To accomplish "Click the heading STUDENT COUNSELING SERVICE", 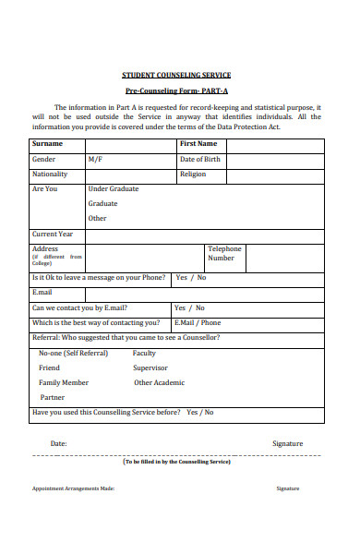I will [176, 75].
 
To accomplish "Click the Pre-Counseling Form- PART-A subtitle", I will [176, 91].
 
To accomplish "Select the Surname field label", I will [48, 144].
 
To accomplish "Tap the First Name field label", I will [198, 144].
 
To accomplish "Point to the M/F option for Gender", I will [95, 160].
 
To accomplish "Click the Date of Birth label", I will [200, 160].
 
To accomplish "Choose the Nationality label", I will [50, 174].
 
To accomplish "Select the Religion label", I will [193, 174].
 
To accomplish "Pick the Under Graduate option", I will [114, 188].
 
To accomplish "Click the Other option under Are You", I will [98, 219].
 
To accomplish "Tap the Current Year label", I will [53, 234].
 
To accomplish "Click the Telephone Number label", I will [224, 253].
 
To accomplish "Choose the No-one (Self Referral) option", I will [73, 353].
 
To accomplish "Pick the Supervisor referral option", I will [150, 367].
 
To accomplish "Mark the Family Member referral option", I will [64, 382].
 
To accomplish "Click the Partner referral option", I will [52, 397].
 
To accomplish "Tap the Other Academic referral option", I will [159, 382].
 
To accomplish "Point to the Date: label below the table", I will [58, 443].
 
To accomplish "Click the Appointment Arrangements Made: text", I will [73, 488].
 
